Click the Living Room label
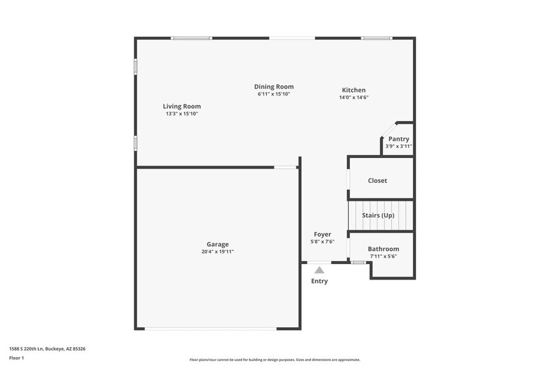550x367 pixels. pos(181,106)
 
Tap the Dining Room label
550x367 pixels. pos(274,87)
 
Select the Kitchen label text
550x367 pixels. pos(354,90)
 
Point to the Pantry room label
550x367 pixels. pos(398,139)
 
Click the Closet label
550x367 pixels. pos(377,180)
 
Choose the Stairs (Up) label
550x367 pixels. pos(379,215)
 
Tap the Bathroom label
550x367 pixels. pos(383,249)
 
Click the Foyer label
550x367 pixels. pos(322,235)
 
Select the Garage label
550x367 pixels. pos(218,244)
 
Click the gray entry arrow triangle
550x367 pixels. pos(319,270)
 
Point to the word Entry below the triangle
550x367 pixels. pos(319,281)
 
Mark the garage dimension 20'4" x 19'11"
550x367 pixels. pos(218,252)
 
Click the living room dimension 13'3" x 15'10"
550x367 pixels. pos(181,114)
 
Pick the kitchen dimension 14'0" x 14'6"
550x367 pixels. pos(354,97)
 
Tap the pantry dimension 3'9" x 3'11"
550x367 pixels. pos(398,146)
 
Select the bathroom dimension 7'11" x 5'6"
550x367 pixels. pos(383,256)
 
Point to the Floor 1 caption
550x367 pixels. pos(16,358)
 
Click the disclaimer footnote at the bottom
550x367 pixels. pos(274,360)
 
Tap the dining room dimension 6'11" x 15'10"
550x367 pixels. pos(274,94)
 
